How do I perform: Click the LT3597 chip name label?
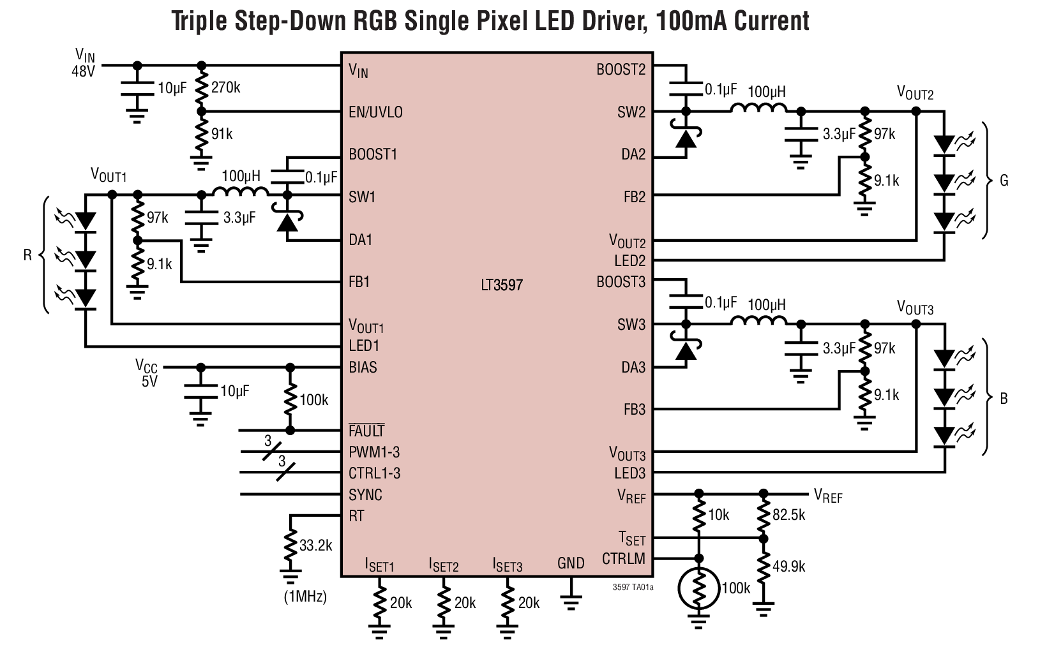[502, 285]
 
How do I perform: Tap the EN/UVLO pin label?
[375, 112]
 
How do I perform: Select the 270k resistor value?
[225, 87]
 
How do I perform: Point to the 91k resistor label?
[222, 134]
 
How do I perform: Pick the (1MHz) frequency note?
[305, 597]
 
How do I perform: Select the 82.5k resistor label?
[788, 515]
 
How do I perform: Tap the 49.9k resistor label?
[788, 566]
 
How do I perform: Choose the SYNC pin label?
[365, 495]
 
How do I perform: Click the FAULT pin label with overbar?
[366, 431]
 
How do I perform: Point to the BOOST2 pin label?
[621, 70]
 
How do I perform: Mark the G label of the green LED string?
[1004, 181]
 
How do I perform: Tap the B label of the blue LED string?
[1004, 399]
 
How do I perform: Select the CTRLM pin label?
[623, 559]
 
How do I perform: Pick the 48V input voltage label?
[83, 71]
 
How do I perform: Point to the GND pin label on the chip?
[570, 563]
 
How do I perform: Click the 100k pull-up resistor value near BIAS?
[313, 400]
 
